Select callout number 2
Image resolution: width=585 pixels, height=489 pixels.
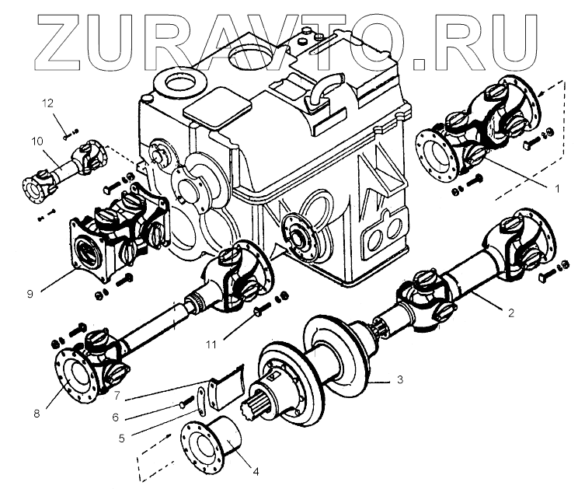tap(510, 313)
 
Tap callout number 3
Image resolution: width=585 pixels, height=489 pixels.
tap(399, 379)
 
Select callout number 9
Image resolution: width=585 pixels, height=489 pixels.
tap(30, 295)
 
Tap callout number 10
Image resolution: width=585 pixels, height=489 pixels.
tap(36, 141)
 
